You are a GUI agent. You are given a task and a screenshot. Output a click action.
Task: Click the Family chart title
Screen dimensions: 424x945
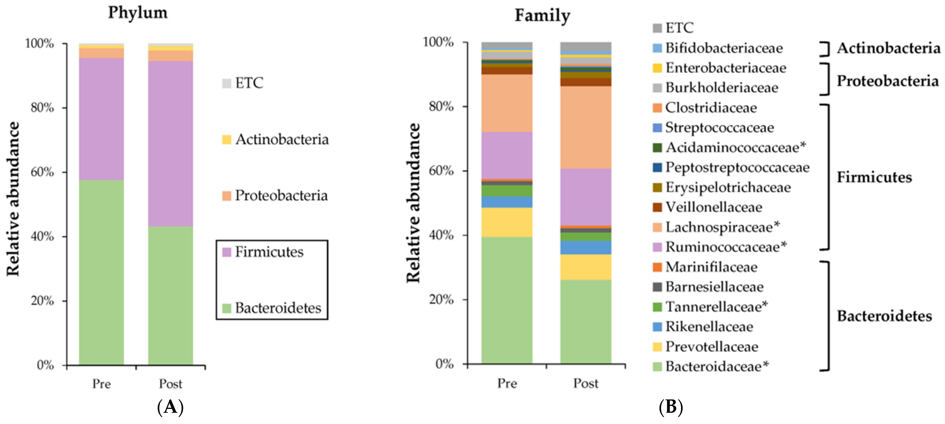pos(542,15)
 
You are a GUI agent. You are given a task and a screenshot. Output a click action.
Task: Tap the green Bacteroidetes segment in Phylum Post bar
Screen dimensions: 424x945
pos(171,295)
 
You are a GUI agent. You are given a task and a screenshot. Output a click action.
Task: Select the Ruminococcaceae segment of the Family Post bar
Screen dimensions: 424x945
pos(586,197)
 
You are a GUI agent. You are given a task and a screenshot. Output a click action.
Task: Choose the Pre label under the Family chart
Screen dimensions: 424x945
pos(507,383)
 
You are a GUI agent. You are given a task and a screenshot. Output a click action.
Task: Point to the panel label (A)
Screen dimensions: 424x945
pos(170,407)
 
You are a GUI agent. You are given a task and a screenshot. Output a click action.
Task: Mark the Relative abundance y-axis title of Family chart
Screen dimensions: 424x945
pos(413,203)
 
